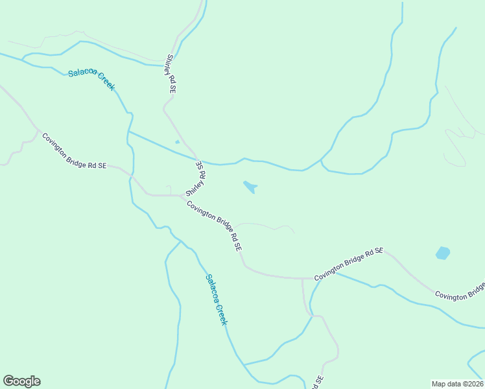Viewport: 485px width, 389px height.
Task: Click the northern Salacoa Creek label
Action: point(91,79)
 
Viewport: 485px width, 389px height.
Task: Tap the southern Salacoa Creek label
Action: point(217,300)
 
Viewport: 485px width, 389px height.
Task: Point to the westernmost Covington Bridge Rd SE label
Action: point(74,152)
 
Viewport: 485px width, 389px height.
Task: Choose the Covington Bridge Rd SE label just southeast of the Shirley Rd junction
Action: point(215,226)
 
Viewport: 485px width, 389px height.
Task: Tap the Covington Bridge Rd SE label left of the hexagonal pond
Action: point(349,264)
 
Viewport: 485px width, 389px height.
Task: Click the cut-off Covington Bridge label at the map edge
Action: point(460,292)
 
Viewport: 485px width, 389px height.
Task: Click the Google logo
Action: point(21,381)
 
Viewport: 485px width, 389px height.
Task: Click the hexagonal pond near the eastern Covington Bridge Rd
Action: point(443,253)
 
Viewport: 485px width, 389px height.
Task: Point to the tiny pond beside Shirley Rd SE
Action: point(177,142)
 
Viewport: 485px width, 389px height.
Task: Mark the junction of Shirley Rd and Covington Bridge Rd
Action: point(182,195)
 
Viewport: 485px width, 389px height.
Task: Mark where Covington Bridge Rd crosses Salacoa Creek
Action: point(132,176)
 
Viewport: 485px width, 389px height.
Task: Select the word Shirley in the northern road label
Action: point(170,67)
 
